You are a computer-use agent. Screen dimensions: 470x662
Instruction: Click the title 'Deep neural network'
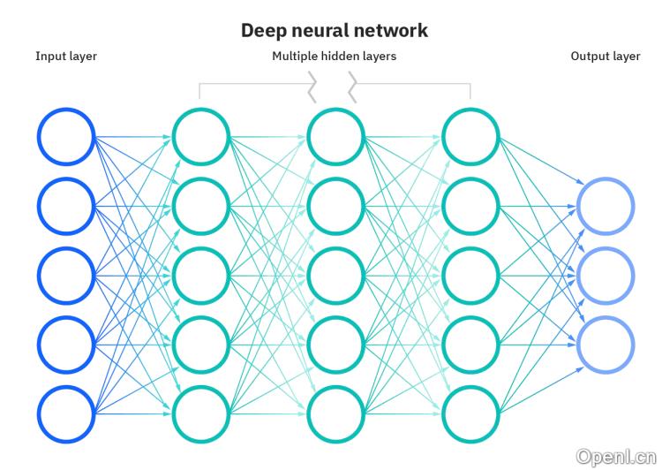point(335,30)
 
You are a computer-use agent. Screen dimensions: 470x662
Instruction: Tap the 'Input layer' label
point(66,57)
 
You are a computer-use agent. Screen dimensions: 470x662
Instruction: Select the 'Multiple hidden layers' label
point(334,57)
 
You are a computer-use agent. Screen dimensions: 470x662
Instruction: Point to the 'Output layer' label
point(606,57)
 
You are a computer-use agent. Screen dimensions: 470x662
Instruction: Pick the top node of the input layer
point(66,137)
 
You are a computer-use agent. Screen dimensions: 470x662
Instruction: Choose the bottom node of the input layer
point(66,414)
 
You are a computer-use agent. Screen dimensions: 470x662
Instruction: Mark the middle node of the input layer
point(66,276)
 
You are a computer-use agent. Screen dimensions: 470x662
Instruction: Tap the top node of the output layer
point(606,206)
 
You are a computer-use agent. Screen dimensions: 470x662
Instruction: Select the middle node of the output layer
point(606,276)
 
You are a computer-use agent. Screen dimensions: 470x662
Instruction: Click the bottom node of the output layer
point(606,345)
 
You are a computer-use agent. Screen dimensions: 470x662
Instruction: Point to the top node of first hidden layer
point(201,137)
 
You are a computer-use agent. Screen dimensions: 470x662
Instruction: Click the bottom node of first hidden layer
point(201,414)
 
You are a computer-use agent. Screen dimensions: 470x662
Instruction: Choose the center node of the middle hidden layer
point(335,276)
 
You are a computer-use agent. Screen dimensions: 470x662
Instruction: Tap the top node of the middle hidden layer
point(335,137)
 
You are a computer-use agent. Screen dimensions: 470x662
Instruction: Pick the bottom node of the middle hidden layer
point(335,414)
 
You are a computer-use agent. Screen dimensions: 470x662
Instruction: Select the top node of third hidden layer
point(470,137)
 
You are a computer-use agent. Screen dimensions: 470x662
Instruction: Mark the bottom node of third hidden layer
point(470,414)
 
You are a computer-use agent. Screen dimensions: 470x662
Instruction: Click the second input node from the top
point(66,206)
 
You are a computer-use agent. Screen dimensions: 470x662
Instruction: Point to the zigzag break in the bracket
point(333,86)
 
